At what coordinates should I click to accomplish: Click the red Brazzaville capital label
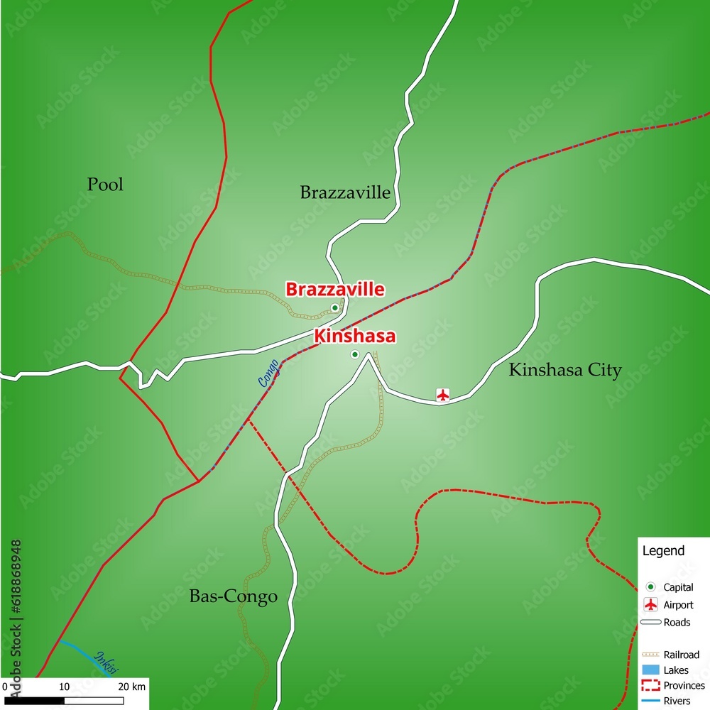[335, 290]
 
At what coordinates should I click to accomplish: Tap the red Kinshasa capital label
[354, 337]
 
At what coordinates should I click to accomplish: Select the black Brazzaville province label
[345, 192]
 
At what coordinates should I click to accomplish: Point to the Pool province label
[105, 185]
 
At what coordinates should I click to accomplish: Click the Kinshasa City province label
[565, 370]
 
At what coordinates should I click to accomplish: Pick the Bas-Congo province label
[233, 596]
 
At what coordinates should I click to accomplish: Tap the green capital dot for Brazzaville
[335, 308]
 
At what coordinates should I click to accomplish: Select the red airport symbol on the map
[443, 394]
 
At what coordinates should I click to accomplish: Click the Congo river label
[268, 373]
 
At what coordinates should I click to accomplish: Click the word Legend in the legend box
[663, 551]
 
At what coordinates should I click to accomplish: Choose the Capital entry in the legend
[678, 587]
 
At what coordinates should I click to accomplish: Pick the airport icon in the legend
[650, 605]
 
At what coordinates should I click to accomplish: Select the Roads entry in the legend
[677, 623]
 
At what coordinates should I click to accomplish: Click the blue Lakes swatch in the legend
[650, 670]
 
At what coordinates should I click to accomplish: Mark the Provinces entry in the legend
[684, 686]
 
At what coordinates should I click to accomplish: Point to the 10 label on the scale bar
[64, 687]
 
